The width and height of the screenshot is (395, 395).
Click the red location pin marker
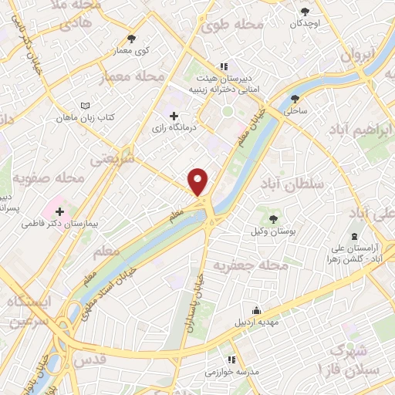click(x=199, y=181)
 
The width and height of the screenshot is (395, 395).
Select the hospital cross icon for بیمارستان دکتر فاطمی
click(x=59, y=211)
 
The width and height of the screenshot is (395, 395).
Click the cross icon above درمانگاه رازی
click(x=184, y=116)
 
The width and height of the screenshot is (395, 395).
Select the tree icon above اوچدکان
click(x=306, y=11)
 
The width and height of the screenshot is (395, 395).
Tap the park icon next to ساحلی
click(x=295, y=98)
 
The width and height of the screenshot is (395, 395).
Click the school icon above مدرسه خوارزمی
click(x=229, y=360)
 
